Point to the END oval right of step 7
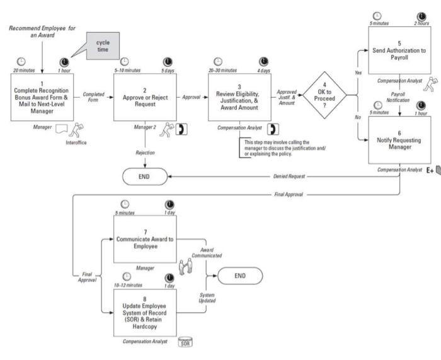pos(240,276)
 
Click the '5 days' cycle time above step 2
pos(166,71)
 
